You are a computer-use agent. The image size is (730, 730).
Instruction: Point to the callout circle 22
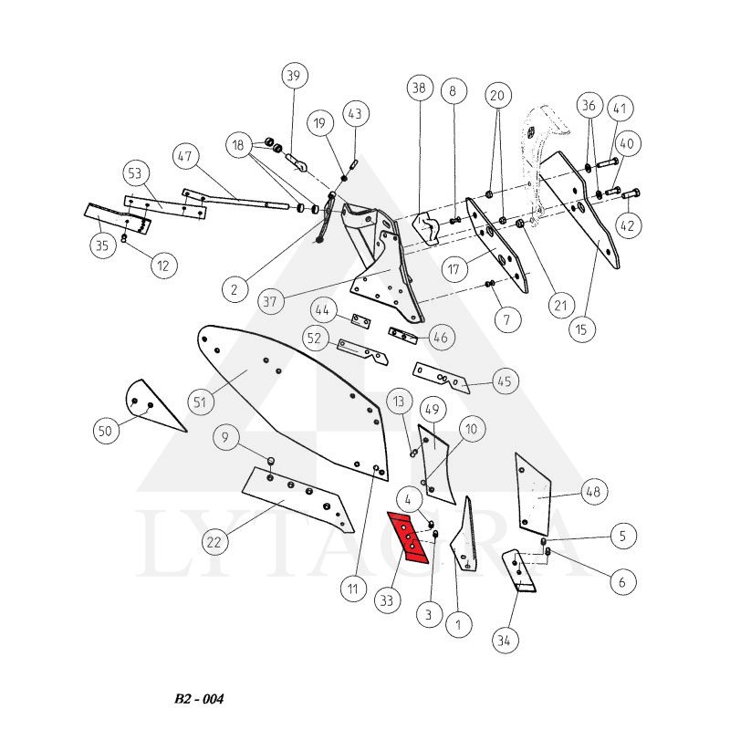214,542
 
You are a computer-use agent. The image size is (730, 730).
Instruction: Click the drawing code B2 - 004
198,699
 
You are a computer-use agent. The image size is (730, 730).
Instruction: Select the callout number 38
418,89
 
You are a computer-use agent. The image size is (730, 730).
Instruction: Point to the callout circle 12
163,266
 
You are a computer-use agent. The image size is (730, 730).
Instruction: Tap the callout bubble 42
630,223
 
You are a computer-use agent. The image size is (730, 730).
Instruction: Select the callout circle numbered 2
235,289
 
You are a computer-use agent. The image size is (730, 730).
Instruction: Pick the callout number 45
505,381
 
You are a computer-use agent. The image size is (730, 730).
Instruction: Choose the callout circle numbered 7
508,319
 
